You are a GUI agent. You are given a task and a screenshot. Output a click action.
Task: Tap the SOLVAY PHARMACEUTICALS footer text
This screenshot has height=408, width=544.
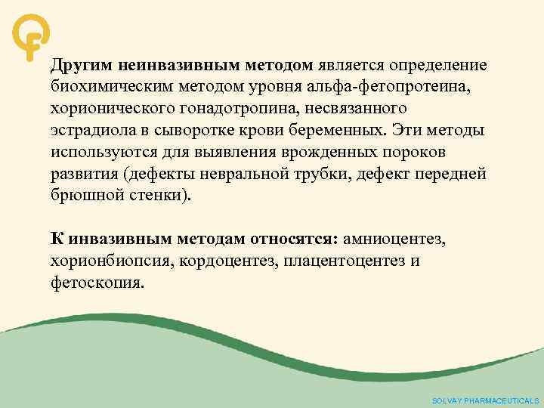pos(484,400)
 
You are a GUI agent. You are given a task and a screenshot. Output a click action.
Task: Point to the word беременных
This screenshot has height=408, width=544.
pos(329,130)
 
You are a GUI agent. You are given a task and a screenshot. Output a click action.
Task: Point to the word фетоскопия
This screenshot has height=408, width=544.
pos(97,283)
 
